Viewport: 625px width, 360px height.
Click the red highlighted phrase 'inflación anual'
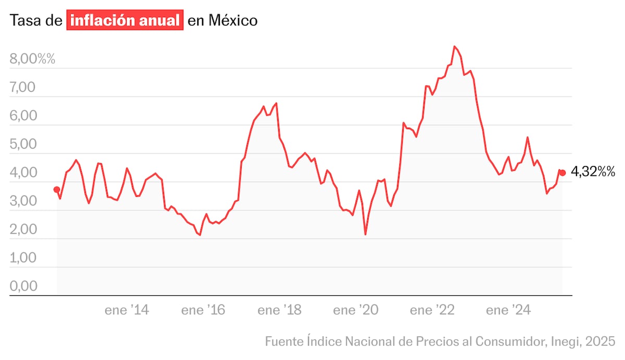tap(125, 21)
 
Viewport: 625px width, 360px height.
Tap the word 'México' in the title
tap(233, 21)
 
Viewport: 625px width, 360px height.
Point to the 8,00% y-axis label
tap(32, 59)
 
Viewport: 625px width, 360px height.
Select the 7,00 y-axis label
tap(22, 88)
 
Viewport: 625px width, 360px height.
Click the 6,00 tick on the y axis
tap(22, 116)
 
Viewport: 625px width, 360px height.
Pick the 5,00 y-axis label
tap(22, 144)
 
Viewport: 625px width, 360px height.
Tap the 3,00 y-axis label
tap(22, 201)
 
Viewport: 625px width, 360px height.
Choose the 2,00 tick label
tap(22, 230)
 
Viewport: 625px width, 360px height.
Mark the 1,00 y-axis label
tap(22, 258)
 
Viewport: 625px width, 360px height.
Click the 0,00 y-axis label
tap(22, 287)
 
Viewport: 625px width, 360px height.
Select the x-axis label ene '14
tap(127, 311)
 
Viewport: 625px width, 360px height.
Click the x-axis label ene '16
tap(203, 311)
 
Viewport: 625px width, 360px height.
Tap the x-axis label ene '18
tap(280, 311)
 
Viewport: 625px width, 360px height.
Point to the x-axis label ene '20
tap(356, 311)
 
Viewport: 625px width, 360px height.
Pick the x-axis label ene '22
tap(432, 311)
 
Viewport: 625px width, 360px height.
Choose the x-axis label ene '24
tap(508, 311)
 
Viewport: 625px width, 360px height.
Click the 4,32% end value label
tap(593, 171)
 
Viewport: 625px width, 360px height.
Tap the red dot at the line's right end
tap(562, 173)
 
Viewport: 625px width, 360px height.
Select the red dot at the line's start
tap(57, 190)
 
